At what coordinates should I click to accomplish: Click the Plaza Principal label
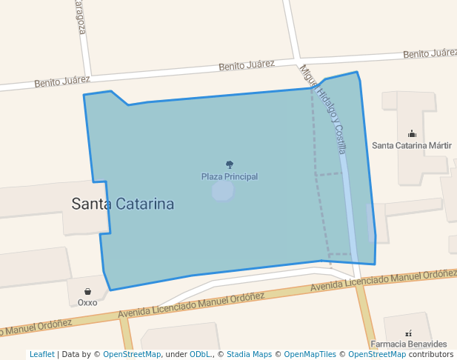coord(230,176)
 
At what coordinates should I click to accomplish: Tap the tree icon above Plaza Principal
coord(230,164)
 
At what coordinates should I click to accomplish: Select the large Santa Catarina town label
coord(123,204)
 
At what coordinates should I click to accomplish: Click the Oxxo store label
coord(87,302)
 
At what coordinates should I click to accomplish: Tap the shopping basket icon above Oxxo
coord(87,292)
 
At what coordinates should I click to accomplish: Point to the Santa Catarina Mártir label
coord(412,145)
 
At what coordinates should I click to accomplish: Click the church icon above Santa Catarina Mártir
coord(412,134)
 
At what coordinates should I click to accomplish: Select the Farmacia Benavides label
coord(409,344)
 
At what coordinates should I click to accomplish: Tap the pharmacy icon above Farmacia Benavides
coord(408,333)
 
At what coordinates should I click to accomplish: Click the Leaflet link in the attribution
coord(42,355)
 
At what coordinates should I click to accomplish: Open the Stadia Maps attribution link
coord(249,355)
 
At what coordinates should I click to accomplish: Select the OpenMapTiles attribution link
coord(310,355)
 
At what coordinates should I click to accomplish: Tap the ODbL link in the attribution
coord(200,355)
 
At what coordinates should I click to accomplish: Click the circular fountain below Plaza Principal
coord(223,191)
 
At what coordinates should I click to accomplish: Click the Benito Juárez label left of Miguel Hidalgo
coord(247,66)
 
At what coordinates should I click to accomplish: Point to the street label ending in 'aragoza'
coord(80,16)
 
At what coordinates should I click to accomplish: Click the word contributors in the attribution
coord(431,355)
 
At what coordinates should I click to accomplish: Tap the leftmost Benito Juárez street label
coord(62,81)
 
